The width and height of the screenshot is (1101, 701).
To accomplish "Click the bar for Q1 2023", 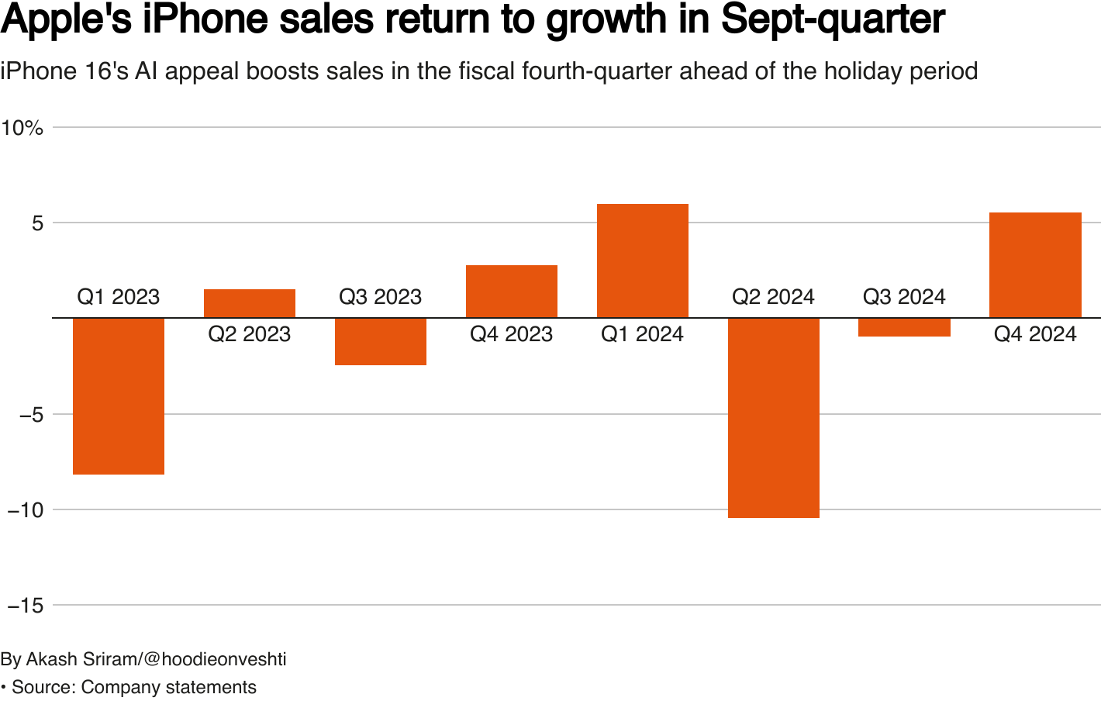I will coord(119,395).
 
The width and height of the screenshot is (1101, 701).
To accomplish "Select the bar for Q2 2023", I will coord(250,303).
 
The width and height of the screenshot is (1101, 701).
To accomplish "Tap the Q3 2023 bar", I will coord(381,341).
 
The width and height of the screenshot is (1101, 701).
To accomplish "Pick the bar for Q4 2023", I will coord(512,292).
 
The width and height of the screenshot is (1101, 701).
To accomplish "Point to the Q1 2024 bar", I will coord(643,261).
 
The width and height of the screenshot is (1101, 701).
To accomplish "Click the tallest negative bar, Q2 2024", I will coord(774,417).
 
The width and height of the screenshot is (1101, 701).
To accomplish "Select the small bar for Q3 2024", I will coord(905,327).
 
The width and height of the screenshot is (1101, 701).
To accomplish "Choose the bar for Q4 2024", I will coord(1035,265).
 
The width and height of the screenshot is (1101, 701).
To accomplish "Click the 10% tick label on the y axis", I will coord(22,128).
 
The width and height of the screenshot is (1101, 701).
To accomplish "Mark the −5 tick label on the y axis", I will coord(31,415).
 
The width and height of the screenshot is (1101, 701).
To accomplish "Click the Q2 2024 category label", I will coord(774,297).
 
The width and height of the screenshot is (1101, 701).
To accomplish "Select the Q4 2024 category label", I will coord(1035,334).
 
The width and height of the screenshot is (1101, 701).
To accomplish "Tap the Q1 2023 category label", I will coord(119,297).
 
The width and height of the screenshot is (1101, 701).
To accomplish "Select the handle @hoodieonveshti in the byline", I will coord(215,659).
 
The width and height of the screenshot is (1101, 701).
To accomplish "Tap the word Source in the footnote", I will coord(43,687).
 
